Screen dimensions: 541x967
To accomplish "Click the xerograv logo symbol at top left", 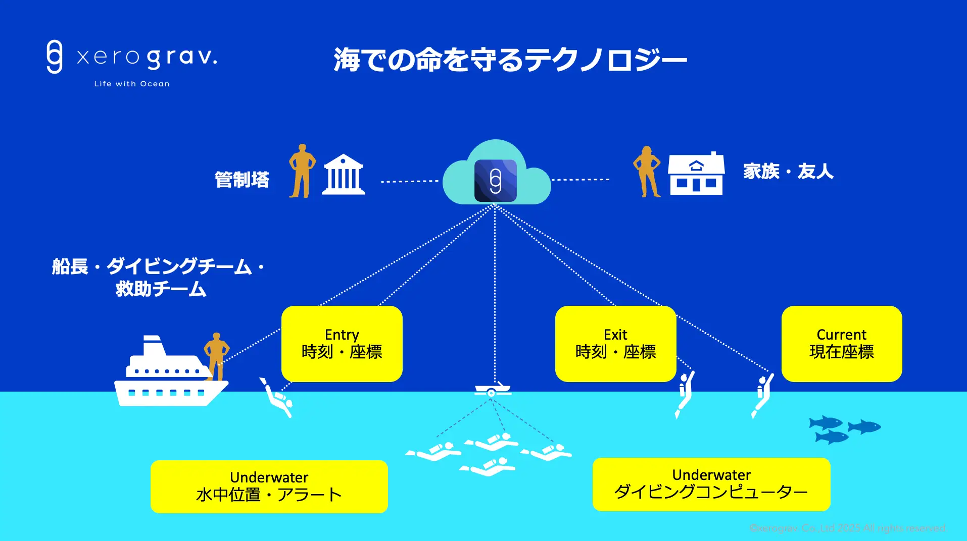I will pos(55,57).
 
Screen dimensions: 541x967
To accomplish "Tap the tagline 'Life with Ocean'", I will pos(131,84).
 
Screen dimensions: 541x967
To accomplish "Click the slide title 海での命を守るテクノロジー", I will pos(510,60).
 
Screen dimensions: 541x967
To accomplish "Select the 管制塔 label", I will pos(242,180).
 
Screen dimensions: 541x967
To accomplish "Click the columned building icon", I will pos(344,175).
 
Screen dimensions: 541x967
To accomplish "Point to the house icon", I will pos(696,174).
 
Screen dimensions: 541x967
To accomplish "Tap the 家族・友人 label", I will pos(788,172).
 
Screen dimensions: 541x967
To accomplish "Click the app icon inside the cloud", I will pos(495,180).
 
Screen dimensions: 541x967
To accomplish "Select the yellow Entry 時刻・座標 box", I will pos(342,344).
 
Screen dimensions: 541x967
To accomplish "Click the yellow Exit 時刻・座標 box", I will pos(615,344).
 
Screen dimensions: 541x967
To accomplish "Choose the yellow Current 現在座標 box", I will pos(842,344).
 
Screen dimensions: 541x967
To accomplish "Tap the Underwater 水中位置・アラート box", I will pos(269,486).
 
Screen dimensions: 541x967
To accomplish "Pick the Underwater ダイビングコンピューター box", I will pos(711,484).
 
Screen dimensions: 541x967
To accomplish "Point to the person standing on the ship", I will pos(216,355).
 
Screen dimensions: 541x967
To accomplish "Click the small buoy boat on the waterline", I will pos(493,390).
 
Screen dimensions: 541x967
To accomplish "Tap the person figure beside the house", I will pos(647,172).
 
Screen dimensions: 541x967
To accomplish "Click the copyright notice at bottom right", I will pos(847,528).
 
